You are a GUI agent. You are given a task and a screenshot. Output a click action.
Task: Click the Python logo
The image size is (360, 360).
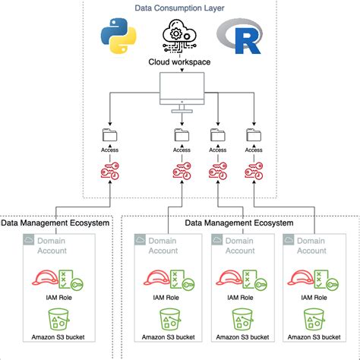tap(118, 36)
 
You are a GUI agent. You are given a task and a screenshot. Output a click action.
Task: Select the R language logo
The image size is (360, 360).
tap(239, 36)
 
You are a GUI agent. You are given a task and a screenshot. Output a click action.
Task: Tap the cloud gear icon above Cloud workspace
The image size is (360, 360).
tap(179, 36)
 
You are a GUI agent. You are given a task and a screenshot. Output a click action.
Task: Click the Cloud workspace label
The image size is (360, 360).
tap(179, 62)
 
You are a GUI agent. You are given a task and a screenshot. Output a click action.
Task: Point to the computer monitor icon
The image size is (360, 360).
tap(182, 93)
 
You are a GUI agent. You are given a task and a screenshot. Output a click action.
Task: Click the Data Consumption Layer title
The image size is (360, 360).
tap(179, 8)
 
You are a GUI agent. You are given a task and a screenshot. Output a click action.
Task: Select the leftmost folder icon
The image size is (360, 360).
tap(109, 135)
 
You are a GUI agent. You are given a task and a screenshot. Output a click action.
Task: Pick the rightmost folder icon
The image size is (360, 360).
tap(254, 135)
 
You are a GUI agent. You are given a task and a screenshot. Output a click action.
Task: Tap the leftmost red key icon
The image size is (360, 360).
tap(110, 171)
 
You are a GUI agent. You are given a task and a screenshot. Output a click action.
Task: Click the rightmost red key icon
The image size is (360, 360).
tap(254, 171)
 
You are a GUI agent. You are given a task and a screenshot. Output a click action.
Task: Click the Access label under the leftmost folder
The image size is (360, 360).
tap(109, 150)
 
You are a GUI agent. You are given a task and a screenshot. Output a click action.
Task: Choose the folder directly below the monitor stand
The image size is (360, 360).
tap(182, 135)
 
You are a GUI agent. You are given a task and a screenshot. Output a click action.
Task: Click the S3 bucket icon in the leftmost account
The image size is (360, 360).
tap(58, 319)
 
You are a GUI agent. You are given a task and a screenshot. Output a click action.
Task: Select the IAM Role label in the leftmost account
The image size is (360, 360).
tap(58, 298)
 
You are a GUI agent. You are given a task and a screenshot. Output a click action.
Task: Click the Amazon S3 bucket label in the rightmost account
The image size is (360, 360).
tap(314, 337)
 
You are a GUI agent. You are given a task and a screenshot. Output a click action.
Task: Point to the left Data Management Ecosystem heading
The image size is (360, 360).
tap(55, 223)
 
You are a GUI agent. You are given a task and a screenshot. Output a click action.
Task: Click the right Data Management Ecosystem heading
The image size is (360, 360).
tap(239, 223)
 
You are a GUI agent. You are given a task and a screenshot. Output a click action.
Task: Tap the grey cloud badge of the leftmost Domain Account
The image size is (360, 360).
tap(29, 239)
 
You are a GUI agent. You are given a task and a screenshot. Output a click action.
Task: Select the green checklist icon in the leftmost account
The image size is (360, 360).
tap(65, 279)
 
